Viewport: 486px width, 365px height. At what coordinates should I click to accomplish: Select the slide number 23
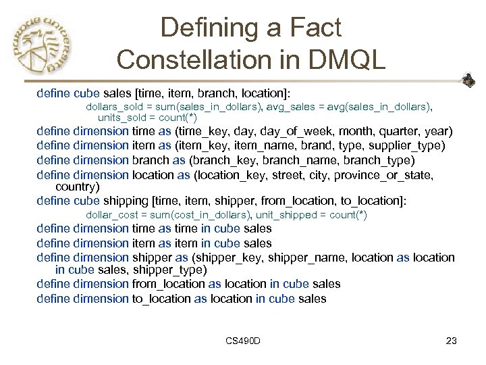[452, 341]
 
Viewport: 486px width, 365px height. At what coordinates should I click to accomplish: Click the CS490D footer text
[244, 341]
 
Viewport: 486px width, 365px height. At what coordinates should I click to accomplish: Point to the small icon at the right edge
[468, 81]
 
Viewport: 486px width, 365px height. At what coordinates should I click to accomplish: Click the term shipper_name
[306, 258]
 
